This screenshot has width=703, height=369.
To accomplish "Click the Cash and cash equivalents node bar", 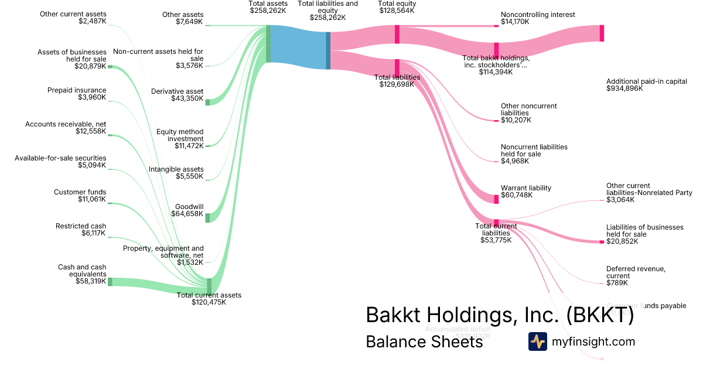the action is point(110,282).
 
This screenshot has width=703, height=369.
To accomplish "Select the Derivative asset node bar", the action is point(207,102).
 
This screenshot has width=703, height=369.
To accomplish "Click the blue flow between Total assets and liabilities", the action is point(298,47).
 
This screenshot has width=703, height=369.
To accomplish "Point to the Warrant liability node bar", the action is point(496,199).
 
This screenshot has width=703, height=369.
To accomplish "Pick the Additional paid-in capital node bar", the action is point(601,33).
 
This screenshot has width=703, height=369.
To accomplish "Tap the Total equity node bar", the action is point(397,34).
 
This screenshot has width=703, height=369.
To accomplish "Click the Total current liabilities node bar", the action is point(496,221).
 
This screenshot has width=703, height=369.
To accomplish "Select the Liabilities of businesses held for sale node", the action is point(601,241).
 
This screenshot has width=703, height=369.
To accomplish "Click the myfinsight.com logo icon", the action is point(537,341).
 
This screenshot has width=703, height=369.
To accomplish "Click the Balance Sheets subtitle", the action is point(424,341).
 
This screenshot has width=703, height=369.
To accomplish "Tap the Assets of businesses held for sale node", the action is point(110,67).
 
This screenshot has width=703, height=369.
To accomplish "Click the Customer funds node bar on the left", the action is point(110,204).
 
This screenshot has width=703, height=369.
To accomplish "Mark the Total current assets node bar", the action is point(209,285).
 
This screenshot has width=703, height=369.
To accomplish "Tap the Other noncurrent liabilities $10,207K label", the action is point(528,113).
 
